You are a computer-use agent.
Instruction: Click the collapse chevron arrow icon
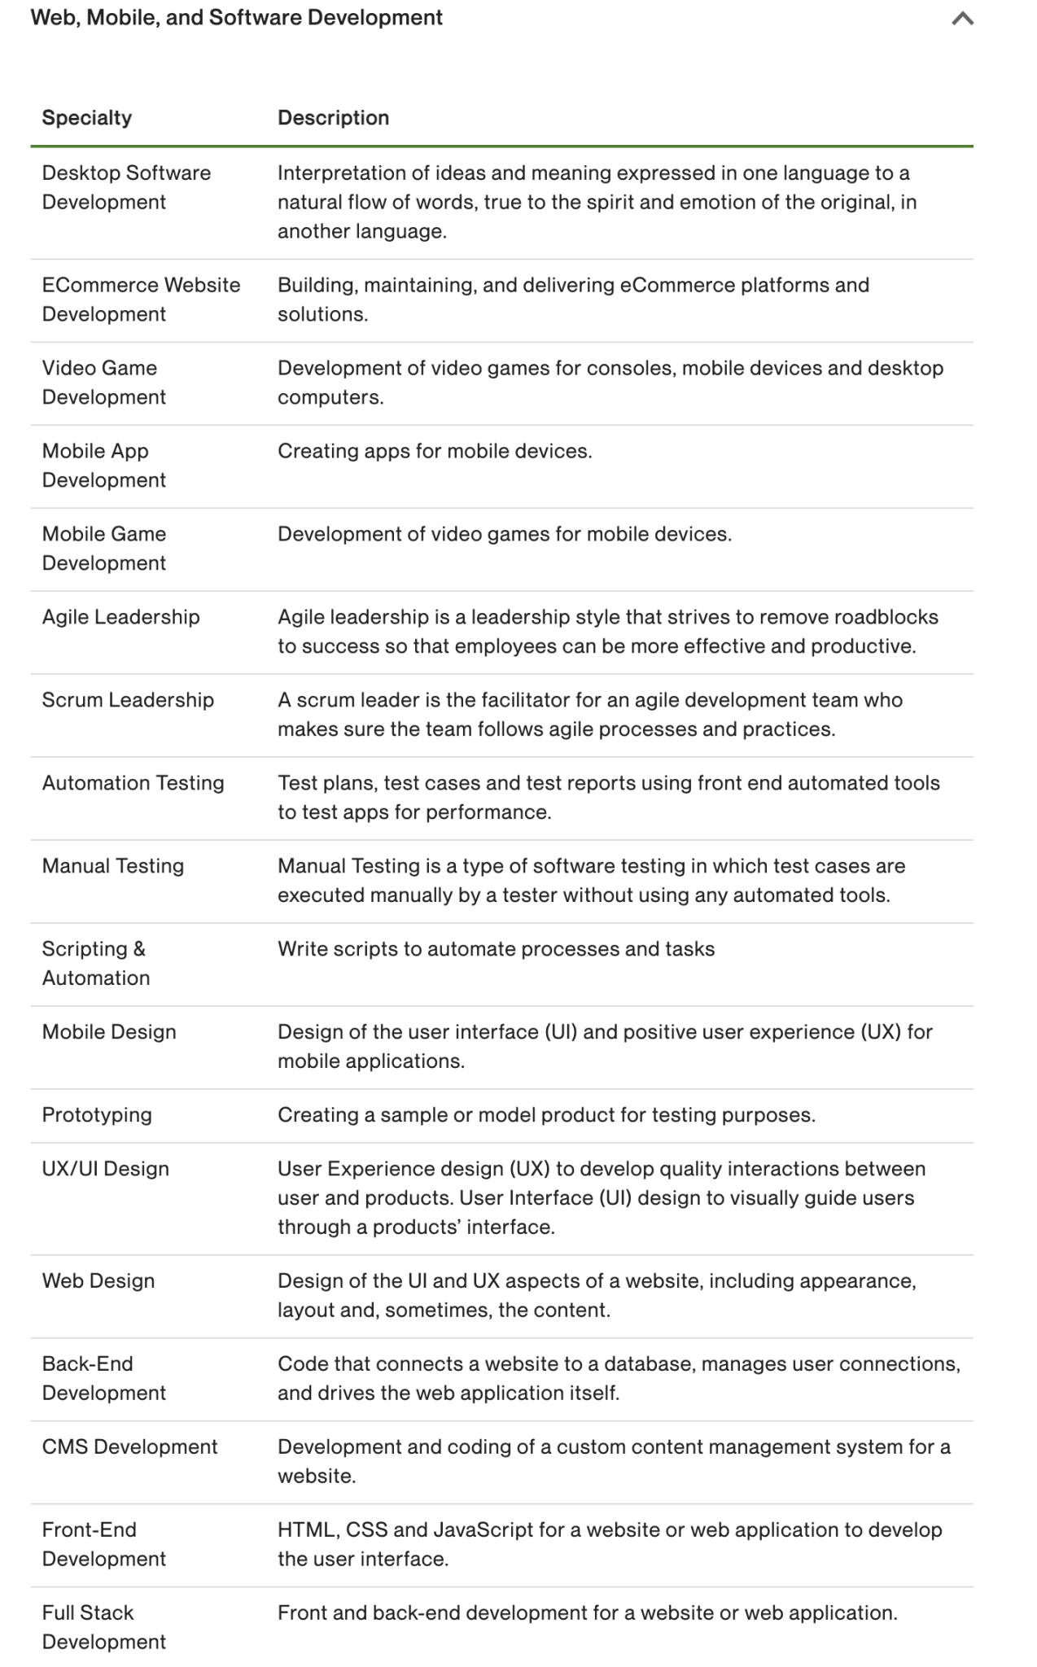[x=962, y=19]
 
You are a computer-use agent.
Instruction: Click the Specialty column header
[x=87, y=117]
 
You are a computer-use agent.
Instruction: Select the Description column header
[x=333, y=117]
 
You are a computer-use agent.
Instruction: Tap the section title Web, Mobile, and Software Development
[x=236, y=18]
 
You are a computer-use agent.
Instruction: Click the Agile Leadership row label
[x=120, y=617]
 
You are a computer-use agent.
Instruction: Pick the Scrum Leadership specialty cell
[x=128, y=700]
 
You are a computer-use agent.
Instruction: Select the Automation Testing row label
[x=133, y=783]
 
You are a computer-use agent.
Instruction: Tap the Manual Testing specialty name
[x=113, y=866]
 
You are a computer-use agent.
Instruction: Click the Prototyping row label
[x=97, y=1115]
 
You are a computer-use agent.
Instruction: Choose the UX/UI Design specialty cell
[x=106, y=1169]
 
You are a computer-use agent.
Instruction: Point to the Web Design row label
[x=98, y=1281]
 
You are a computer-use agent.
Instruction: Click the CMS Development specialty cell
[x=129, y=1447]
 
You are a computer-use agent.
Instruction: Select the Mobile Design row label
[x=109, y=1032]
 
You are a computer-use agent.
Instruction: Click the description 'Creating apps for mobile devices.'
[x=435, y=451]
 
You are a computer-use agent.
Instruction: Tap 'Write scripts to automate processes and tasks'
[x=496, y=949]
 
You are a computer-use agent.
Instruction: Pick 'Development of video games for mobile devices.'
[x=505, y=534]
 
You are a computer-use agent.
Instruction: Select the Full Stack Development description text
[x=587, y=1613]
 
